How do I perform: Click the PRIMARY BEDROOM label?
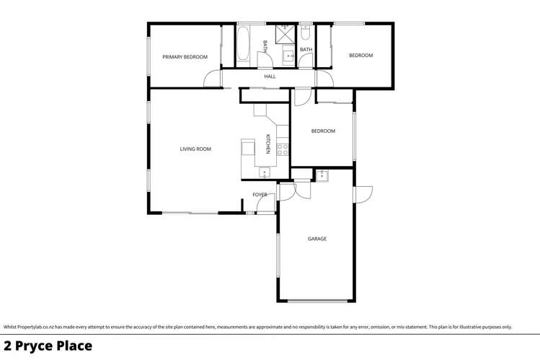185,57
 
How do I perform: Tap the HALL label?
270,76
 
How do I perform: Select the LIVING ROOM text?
195,149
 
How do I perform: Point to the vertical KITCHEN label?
268,144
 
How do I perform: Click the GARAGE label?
317,239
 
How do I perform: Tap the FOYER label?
260,195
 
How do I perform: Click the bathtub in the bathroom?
243,45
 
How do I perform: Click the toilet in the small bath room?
306,33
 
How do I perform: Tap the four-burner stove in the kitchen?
283,150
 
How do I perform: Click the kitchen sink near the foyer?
264,172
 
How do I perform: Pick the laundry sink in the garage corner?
322,175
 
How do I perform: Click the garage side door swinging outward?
363,194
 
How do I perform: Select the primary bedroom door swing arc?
212,79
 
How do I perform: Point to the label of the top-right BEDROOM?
360,56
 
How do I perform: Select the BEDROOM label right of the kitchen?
323,131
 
